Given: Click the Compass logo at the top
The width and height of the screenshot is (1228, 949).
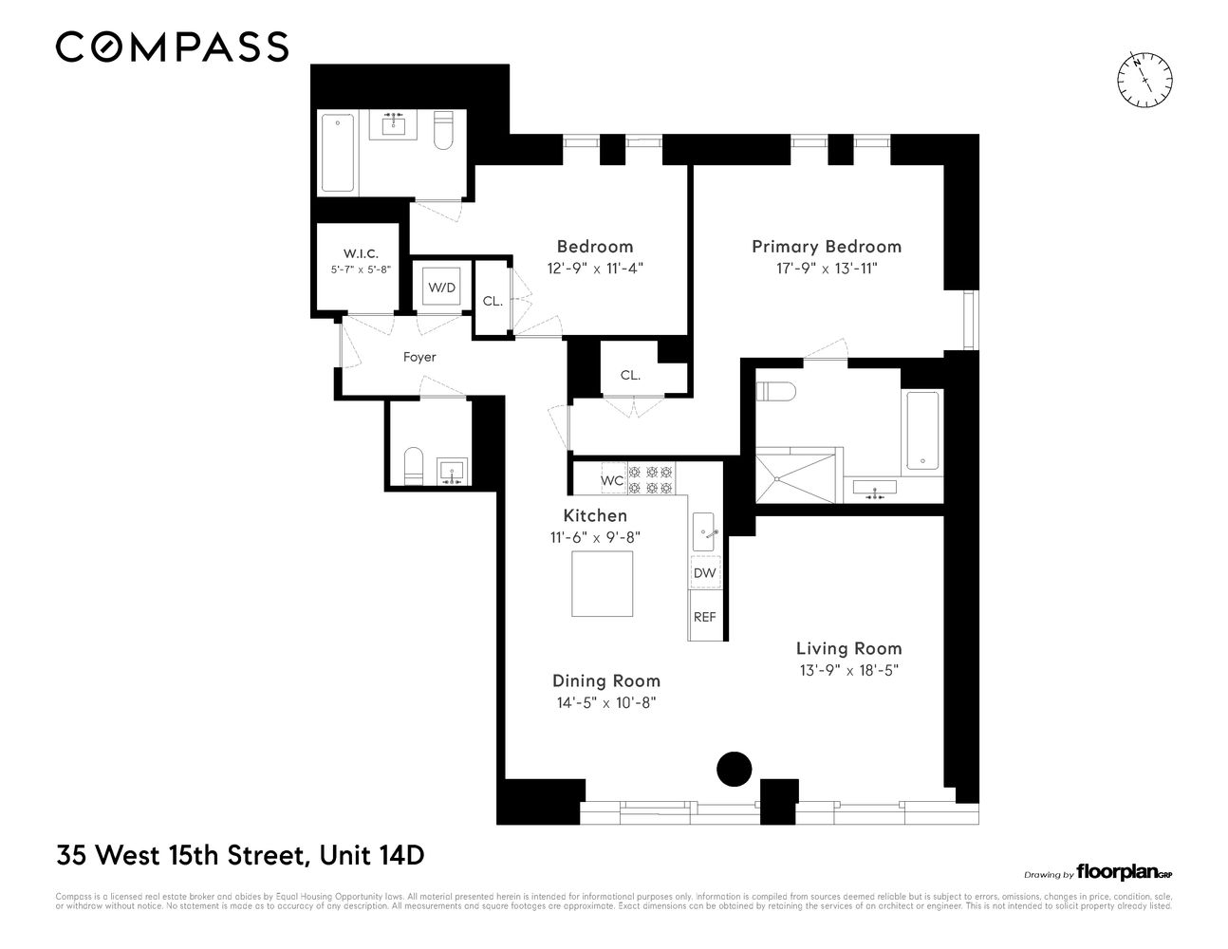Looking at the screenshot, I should pyautogui.click(x=172, y=47).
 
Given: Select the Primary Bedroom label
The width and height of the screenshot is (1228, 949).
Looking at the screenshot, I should pyautogui.click(x=826, y=247).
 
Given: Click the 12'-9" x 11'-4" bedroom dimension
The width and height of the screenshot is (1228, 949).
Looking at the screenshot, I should pyautogui.click(x=595, y=269).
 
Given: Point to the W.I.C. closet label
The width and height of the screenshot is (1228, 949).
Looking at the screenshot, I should pyautogui.click(x=361, y=253).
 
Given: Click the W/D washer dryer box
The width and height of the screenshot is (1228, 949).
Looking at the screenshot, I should pyautogui.click(x=441, y=287).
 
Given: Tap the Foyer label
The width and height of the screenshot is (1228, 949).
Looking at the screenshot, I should pyautogui.click(x=419, y=357).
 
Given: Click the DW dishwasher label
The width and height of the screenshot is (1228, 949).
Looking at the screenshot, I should pyautogui.click(x=704, y=573).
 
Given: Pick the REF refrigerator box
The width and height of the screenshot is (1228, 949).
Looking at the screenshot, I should pyautogui.click(x=704, y=617).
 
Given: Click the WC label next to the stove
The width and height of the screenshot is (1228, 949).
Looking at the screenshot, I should pyautogui.click(x=612, y=481).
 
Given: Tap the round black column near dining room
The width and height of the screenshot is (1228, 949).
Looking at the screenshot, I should pyautogui.click(x=734, y=769).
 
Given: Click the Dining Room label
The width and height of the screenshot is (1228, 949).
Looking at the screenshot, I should pyautogui.click(x=605, y=680).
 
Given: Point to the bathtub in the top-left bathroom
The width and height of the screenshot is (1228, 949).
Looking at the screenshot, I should pyautogui.click(x=338, y=153).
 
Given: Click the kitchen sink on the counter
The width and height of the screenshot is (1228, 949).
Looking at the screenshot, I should pyautogui.click(x=703, y=531).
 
